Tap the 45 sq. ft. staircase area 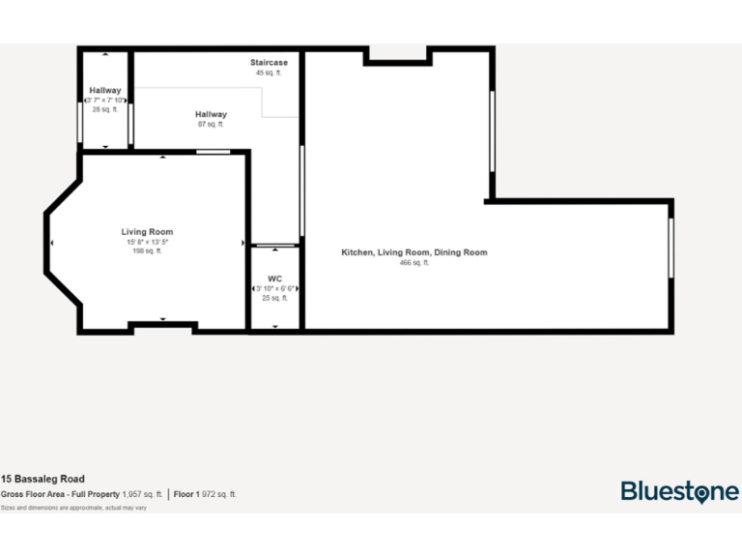(269, 73)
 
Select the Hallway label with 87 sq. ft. (211, 114)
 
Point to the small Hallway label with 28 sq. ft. (105, 90)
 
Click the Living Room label (147, 232)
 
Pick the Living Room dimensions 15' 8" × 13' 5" (147, 242)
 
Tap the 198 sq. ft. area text (147, 251)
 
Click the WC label (274, 278)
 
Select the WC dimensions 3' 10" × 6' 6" (275, 288)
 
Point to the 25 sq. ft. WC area (274, 298)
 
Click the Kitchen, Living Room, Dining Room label (414, 252)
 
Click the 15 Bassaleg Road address (43, 479)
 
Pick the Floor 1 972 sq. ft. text (206, 494)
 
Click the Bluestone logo (679, 491)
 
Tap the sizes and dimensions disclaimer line (73, 507)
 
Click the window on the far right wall (671, 249)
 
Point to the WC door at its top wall (275, 245)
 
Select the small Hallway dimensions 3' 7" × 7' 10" (105, 100)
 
